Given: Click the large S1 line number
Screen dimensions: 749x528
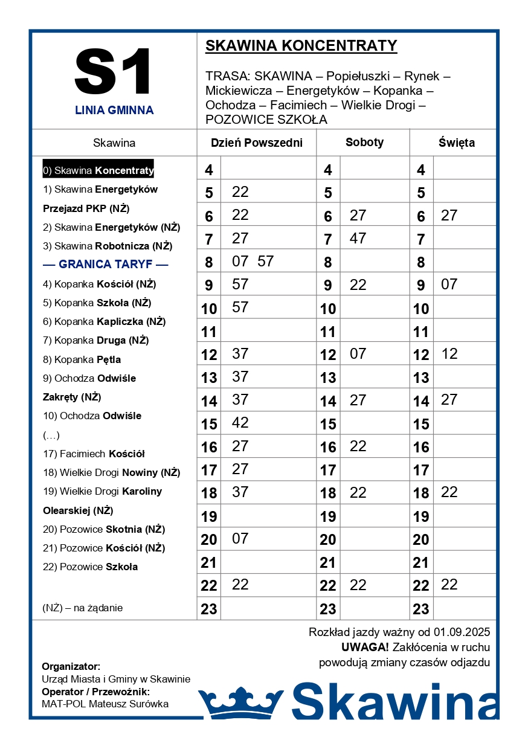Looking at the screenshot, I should tap(114, 71).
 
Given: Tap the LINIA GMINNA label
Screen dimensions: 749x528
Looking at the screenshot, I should tap(114, 111).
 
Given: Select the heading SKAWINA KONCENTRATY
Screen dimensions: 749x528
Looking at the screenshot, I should tap(301, 46).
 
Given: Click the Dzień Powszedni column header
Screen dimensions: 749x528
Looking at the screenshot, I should tap(256, 143).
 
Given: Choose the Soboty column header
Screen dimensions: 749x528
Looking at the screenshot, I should tap(364, 143).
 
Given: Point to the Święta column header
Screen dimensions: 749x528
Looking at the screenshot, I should tap(456, 143).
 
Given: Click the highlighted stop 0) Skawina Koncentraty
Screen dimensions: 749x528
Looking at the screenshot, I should tap(98, 170).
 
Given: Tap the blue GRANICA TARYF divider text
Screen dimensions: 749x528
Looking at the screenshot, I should tap(106, 265).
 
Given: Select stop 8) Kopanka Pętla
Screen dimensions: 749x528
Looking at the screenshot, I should tap(82, 359).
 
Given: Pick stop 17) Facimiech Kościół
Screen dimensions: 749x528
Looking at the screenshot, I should tap(94, 454).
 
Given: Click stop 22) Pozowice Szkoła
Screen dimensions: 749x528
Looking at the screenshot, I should tap(91, 567).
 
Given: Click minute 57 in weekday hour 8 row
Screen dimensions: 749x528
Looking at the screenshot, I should tap(265, 262).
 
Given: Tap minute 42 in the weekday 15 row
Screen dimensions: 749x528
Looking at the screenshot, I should tap(240, 423).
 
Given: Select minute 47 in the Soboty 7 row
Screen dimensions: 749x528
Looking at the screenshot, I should tap(358, 239).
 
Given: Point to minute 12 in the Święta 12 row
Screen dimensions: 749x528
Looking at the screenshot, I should tap(449, 354).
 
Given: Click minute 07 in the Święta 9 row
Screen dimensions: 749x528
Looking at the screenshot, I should tap(449, 284).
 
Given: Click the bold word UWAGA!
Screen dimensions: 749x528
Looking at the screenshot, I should tap(365, 648).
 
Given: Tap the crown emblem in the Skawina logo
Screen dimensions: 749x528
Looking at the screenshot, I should tap(241, 702).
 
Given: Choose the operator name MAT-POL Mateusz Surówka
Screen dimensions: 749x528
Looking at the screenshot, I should tap(105, 704).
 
